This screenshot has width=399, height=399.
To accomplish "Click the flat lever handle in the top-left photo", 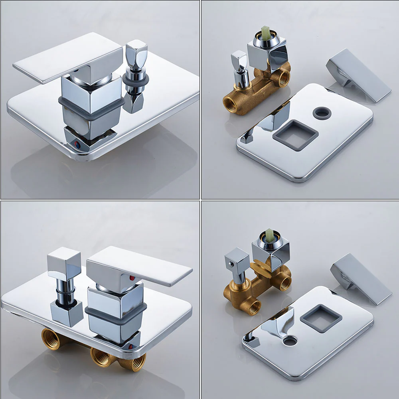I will (x=64, y=60).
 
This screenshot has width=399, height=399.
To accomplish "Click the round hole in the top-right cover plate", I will (x=322, y=113).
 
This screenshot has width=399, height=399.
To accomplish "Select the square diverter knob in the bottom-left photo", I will (x=64, y=261).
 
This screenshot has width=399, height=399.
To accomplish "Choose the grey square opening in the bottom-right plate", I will (x=321, y=318).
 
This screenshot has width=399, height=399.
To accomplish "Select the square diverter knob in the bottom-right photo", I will (x=237, y=259).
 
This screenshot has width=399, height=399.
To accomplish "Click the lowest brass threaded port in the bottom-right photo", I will (x=252, y=307).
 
